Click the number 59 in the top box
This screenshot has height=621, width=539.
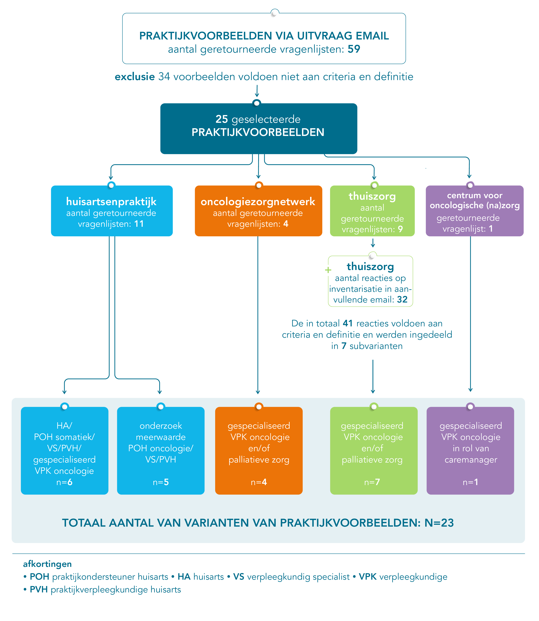[x=354, y=49]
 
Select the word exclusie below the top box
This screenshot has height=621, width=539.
[x=135, y=77]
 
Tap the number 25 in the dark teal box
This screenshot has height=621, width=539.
[x=222, y=119]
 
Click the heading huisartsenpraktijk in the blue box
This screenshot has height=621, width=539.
[x=111, y=202]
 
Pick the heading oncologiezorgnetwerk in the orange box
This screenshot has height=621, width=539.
[x=258, y=202]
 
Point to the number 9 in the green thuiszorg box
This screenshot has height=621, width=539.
[x=400, y=229]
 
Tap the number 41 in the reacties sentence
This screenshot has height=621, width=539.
[x=348, y=324]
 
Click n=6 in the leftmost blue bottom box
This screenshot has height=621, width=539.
[x=64, y=482]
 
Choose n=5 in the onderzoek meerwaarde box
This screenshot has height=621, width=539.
[x=161, y=482]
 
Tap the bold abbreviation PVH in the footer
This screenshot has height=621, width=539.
[x=39, y=590]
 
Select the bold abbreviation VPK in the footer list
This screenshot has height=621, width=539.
[x=367, y=577]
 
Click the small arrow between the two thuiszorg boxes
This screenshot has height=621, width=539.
[x=373, y=243]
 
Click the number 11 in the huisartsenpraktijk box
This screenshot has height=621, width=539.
[x=139, y=224]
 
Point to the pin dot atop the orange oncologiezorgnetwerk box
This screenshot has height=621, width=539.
[x=259, y=185]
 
